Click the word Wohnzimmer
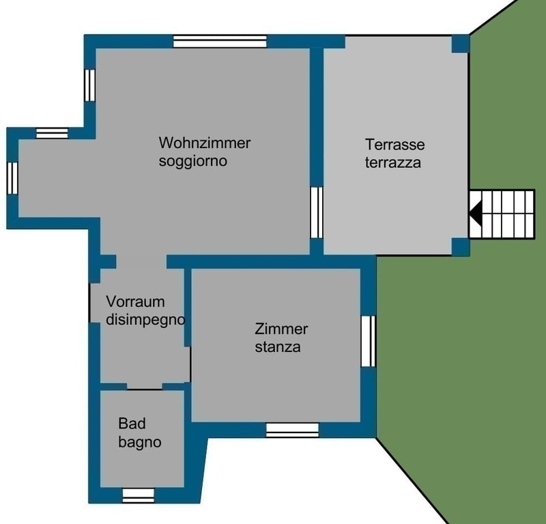[204, 143]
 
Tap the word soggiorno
[193, 161]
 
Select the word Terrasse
[395, 145]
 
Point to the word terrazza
[393, 162]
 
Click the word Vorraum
[135, 302]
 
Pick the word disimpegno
[145, 320]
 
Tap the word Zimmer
[281, 329]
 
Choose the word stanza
[278, 347]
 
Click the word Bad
[132, 424]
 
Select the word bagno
[140, 443]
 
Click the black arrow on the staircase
[476, 214]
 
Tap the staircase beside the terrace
[502, 214]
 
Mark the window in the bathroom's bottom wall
[139, 495]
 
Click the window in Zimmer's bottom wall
[293, 430]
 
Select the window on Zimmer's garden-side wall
[368, 341]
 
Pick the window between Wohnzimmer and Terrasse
[317, 213]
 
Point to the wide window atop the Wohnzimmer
[220, 42]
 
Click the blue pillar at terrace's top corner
[460, 44]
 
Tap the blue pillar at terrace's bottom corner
[460, 247]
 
